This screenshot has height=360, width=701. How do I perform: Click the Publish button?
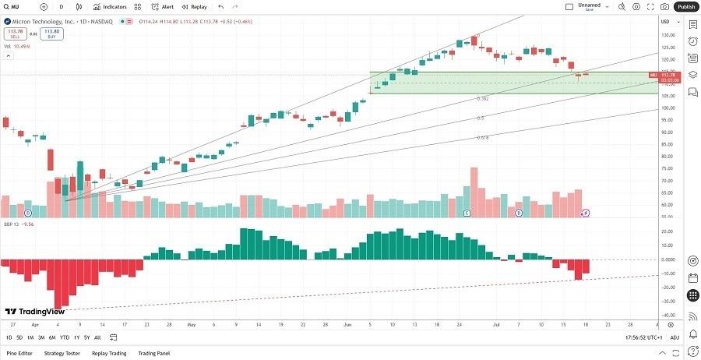[x=685, y=6]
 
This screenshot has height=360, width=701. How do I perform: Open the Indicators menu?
[x=109, y=6]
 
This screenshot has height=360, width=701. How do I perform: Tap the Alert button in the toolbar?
[x=163, y=6]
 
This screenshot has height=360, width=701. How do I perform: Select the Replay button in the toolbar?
[x=195, y=6]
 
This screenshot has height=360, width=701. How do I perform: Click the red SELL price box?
[x=14, y=34]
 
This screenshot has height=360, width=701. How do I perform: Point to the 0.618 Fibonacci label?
[x=483, y=137]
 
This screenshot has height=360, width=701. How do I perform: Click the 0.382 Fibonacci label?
[x=483, y=99]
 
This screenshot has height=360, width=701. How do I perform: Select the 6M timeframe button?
[x=52, y=337]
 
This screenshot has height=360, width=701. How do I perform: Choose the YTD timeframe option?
[x=65, y=337]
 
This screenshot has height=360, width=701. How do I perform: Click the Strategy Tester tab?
[x=62, y=353]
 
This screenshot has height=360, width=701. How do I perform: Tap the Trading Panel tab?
[x=153, y=353]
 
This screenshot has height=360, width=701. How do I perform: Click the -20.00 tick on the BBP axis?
[x=667, y=288]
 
